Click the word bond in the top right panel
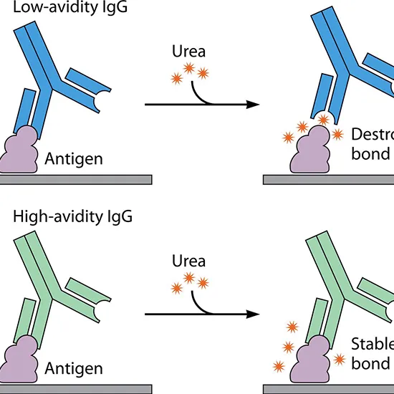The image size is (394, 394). pos(370,153)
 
